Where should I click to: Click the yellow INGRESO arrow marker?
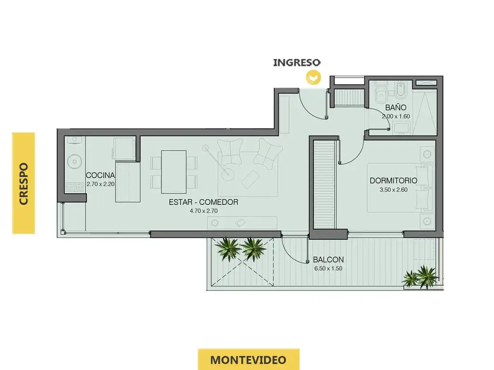(314, 78)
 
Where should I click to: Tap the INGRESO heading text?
(297, 62)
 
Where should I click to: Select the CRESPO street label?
(24, 184)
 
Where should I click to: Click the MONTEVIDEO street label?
(248, 359)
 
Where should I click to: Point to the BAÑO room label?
(396, 107)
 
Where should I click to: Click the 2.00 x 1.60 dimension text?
(396, 117)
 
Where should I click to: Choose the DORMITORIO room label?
(393, 181)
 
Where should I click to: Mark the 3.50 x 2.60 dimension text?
(394, 190)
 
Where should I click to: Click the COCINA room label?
(100, 175)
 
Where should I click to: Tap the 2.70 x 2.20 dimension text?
(100, 184)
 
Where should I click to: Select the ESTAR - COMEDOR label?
(204, 202)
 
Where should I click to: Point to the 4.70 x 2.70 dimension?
(204, 211)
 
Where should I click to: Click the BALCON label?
(328, 260)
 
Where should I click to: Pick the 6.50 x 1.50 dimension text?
(328, 269)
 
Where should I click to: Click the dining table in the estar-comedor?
(174, 172)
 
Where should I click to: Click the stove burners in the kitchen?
(74, 187)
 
